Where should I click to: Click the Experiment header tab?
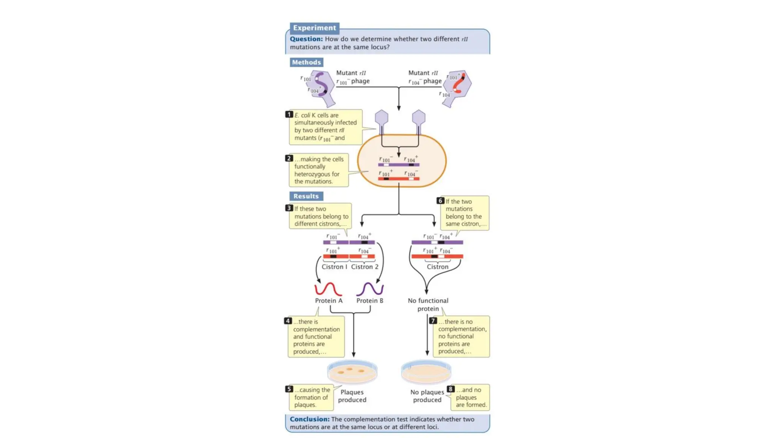click(314, 28)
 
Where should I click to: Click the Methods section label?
click(306, 62)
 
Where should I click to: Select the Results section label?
click(306, 196)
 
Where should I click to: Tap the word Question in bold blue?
click(306, 39)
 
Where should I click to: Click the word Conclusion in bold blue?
click(309, 419)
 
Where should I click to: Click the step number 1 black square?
click(289, 114)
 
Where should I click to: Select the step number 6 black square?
click(440, 201)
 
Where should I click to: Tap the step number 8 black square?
click(451, 389)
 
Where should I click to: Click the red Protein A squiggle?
click(328, 289)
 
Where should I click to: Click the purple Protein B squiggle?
click(370, 289)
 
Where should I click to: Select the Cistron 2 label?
click(364, 267)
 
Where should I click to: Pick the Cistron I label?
click(334, 267)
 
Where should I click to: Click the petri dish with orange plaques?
click(352, 372)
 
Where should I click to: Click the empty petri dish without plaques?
click(426, 372)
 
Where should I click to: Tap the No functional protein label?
click(428, 305)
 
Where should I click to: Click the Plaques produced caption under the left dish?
click(352, 396)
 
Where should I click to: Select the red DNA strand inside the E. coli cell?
click(398, 179)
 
